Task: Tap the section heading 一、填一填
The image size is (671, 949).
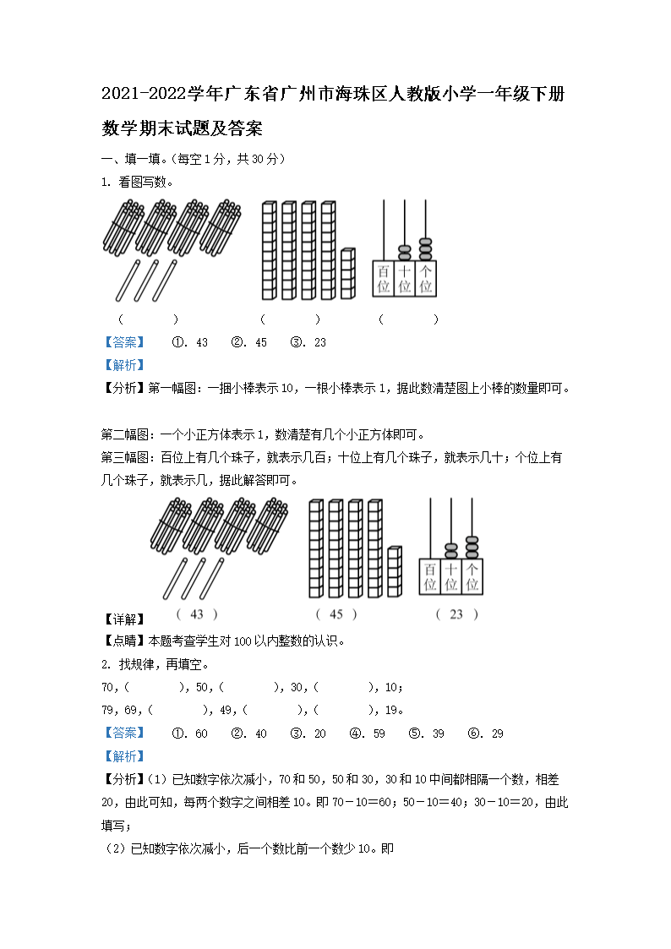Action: tap(134, 159)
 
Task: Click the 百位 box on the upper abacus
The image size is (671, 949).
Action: tap(384, 279)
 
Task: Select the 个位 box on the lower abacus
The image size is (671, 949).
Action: tap(472, 576)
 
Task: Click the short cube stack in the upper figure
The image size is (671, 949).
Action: tap(348, 274)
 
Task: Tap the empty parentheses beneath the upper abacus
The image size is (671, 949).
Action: tap(408, 319)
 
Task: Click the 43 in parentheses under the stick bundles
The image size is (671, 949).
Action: tap(197, 615)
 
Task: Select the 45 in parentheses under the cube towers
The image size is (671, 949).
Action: tap(336, 615)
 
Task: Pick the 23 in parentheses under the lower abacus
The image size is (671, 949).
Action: tap(456, 615)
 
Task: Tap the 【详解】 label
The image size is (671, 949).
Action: tap(123, 619)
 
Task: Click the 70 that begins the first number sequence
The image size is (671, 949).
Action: tap(107, 687)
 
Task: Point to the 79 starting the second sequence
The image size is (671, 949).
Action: tap(107, 710)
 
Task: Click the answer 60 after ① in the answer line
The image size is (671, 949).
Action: tap(201, 734)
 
